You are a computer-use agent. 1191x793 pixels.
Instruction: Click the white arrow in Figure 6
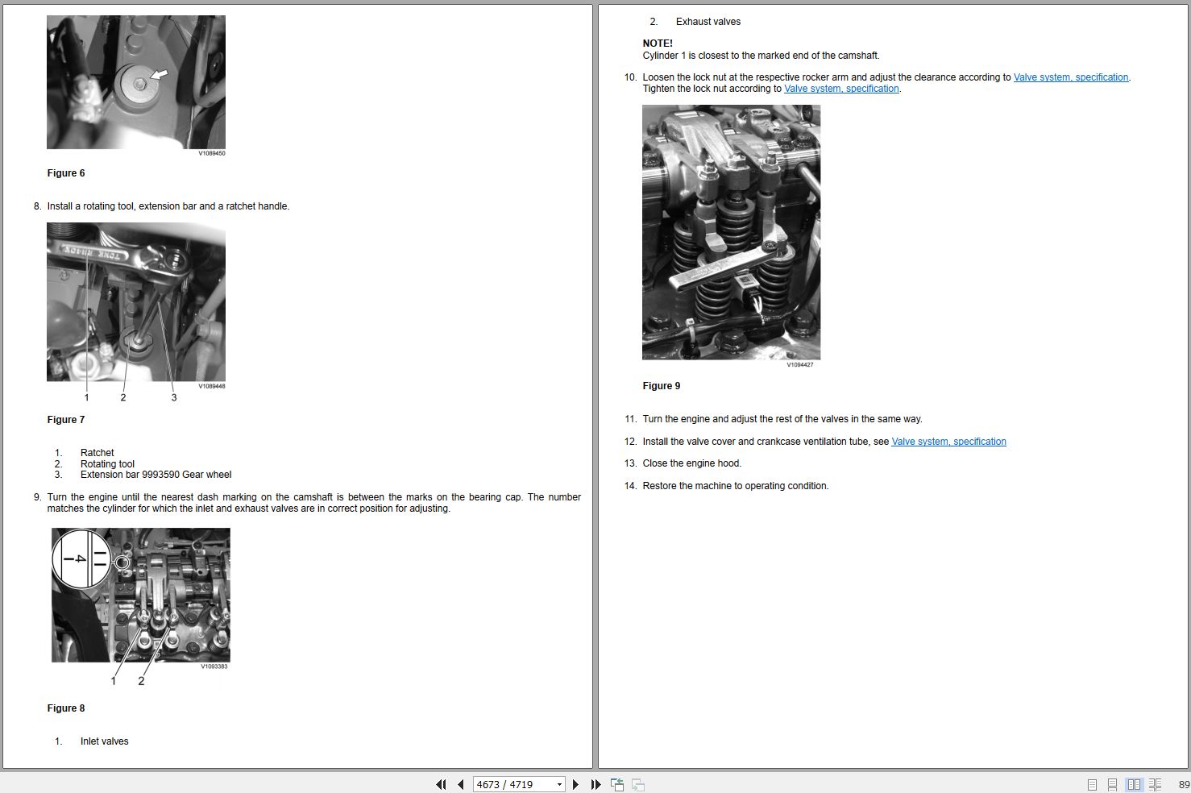click(160, 74)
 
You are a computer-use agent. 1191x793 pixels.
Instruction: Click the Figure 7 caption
click(66, 420)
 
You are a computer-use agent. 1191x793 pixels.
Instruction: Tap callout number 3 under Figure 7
click(174, 397)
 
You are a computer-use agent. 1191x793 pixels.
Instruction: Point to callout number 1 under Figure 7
click(87, 397)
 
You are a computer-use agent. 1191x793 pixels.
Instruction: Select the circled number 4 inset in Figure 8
click(81, 558)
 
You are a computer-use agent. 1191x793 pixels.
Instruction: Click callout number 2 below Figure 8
click(141, 681)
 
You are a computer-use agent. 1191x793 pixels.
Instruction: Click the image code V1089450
click(212, 153)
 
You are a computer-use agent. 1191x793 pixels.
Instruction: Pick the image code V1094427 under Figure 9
click(799, 365)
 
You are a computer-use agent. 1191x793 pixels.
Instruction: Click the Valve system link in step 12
click(948, 442)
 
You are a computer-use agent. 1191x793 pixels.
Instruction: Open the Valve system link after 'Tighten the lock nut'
click(841, 89)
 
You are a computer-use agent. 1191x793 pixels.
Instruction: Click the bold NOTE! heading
click(658, 43)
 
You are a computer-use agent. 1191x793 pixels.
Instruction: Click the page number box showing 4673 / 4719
click(518, 784)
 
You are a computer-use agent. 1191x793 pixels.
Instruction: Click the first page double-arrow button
click(441, 784)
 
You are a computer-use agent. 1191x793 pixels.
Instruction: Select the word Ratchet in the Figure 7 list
click(97, 453)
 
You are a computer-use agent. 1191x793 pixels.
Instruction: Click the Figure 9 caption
click(661, 385)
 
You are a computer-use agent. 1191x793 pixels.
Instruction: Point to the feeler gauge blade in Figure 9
click(713, 272)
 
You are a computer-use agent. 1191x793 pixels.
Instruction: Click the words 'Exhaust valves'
click(708, 22)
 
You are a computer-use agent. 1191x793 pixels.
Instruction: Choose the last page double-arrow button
click(595, 784)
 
